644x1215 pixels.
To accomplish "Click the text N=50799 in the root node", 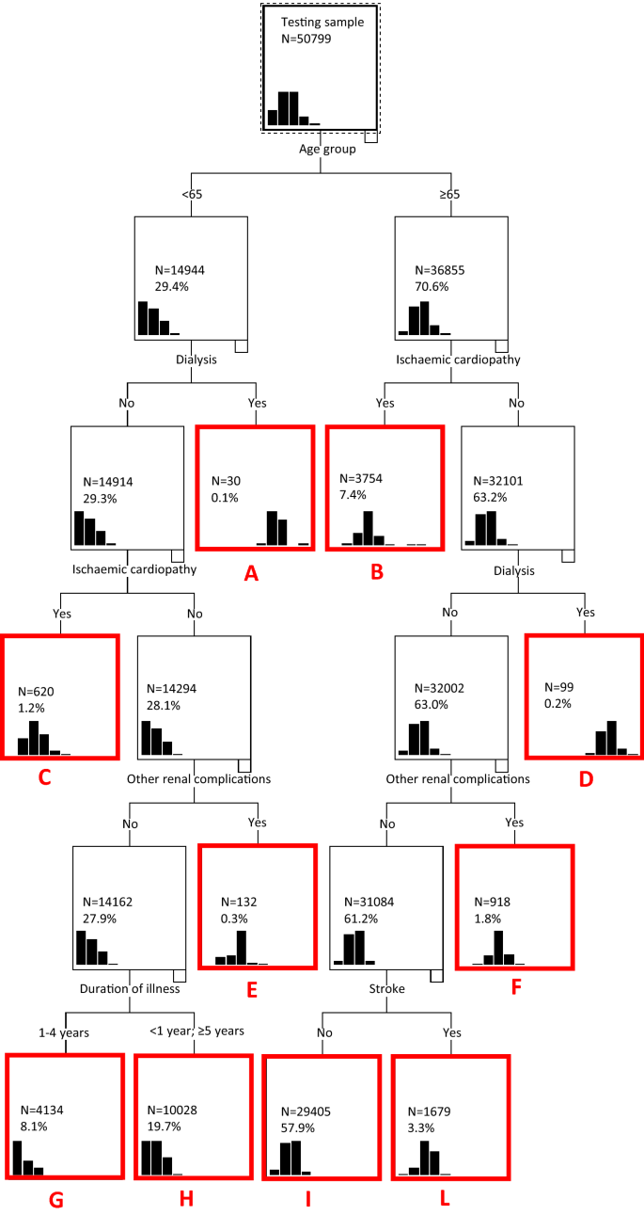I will point(306,40).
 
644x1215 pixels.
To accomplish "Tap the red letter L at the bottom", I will point(449,1197).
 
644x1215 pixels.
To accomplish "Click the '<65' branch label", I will point(191,194).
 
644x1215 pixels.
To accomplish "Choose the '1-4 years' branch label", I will point(65,1031).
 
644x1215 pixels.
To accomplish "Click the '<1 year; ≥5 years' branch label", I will point(196,1031).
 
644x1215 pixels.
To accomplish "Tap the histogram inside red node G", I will point(27,1158).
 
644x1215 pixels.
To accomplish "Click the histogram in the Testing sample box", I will point(293,108).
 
